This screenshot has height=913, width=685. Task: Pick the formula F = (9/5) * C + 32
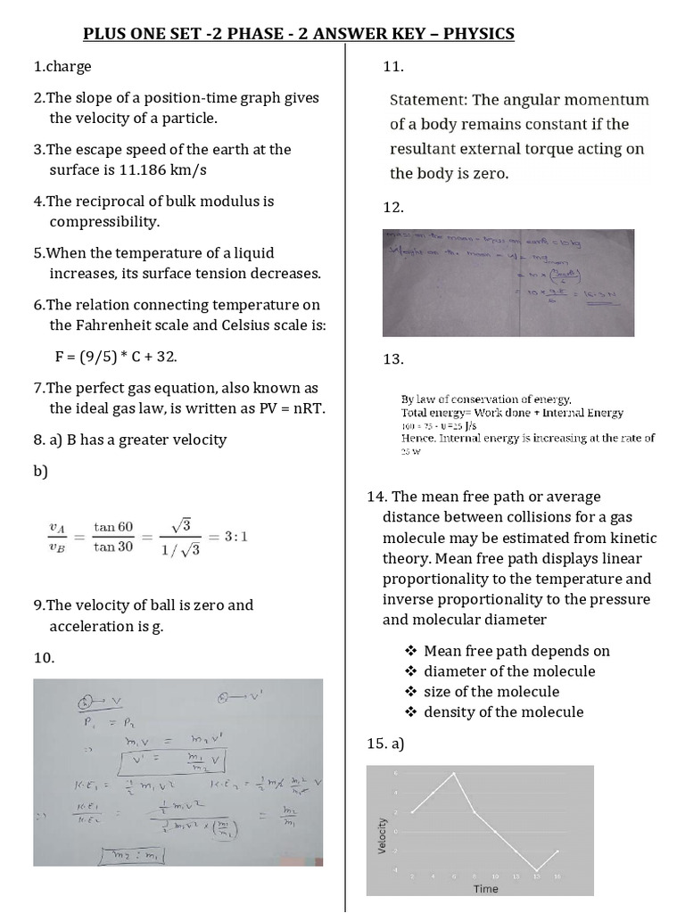click(116, 357)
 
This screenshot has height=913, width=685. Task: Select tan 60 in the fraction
click(113, 527)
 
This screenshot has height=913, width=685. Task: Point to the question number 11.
click(393, 67)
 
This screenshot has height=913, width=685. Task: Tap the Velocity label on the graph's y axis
click(383, 835)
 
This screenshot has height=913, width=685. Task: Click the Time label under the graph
click(486, 888)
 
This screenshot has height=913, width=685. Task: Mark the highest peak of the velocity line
click(454, 773)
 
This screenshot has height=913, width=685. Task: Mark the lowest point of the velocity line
click(537, 870)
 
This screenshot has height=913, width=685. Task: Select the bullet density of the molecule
click(503, 711)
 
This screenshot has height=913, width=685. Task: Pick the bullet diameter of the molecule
click(509, 670)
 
